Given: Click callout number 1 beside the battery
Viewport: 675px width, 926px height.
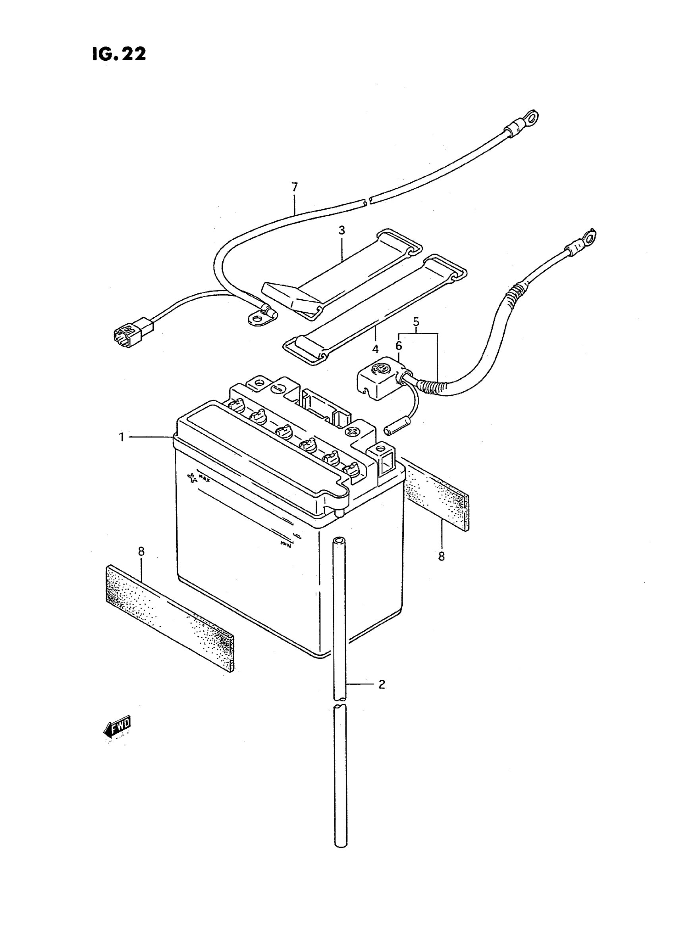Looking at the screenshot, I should click(x=121, y=437).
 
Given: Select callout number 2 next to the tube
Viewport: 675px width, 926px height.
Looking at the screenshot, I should click(x=382, y=684).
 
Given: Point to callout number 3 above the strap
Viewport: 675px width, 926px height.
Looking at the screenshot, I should click(x=341, y=230).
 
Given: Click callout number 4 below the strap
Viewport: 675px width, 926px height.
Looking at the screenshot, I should click(x=375, y=349).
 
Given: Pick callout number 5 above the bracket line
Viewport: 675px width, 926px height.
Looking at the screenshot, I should click(x=416, y=322).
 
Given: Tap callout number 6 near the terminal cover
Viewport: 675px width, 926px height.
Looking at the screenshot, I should click(x=398, y=346).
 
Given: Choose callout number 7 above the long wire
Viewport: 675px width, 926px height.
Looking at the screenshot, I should click(x=295, y=187).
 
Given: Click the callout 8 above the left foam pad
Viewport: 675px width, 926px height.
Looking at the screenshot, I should click(x=141, y=551).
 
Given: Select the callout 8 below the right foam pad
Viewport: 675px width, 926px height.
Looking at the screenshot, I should click(x=441, y=556).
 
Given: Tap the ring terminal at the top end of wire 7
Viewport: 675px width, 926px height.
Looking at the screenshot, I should click(x=530, y=118).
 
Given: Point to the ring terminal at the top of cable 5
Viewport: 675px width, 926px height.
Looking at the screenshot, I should click(x=589, y=237).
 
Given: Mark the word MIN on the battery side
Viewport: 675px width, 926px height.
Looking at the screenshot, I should click(x=285, y=544).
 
